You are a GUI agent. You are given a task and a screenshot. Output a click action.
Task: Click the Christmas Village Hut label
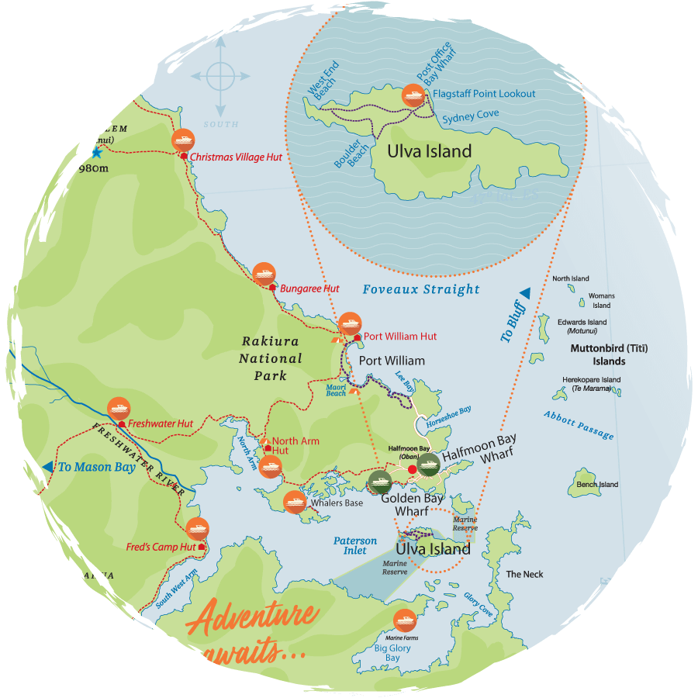pyautogui.click(x=236, y=157)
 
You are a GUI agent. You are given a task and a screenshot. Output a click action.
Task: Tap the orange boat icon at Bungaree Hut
pyautogui.click(x=264, y=273)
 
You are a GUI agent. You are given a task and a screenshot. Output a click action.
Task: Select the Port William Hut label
pyautogui.click(x=400, y=337)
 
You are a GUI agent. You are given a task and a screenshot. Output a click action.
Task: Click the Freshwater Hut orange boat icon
pyautogui.click(x=119, y=407)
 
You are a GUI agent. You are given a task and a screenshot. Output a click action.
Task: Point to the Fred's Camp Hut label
pyautogui.click(x=161, y=547)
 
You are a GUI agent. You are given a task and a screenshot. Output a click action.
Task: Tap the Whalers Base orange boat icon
pyautogui.click(x=294, y=502)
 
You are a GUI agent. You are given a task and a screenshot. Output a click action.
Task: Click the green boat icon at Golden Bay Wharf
pyautogui.click(x=379, y=482)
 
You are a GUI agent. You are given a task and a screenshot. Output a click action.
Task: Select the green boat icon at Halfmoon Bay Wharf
pyautogui.click(x=428, y=464)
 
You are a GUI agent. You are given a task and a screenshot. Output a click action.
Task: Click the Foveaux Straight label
pyautogui.click(x=421, y=289)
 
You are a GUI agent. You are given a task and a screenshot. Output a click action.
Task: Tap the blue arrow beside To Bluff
pyautogui.click(x=525, y=293)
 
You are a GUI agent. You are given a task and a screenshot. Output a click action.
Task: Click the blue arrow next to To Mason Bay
pyautogui.click(x=49, y=466)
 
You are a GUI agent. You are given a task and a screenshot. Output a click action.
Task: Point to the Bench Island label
pyautogui.click(x=597, y=485)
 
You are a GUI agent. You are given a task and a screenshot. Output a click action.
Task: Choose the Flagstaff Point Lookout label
pyautogui.click(x=484, y=94)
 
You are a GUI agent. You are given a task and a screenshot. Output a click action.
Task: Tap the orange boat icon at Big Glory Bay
pyautogui.click(x=404, y=620)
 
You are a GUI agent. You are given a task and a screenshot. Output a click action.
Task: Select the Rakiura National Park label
pyautogui.click(x=271, y=358)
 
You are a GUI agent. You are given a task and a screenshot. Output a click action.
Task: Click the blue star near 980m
pyautogui.click(x=96, y=153)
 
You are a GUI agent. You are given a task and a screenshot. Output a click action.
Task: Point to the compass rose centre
pyautogui.click(x=221, y=77)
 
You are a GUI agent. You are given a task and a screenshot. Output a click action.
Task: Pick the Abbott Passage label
pyautogui.click(x=579, y=424)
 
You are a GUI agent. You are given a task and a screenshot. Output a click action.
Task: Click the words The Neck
pyautogui.click(x=524, y=574)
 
